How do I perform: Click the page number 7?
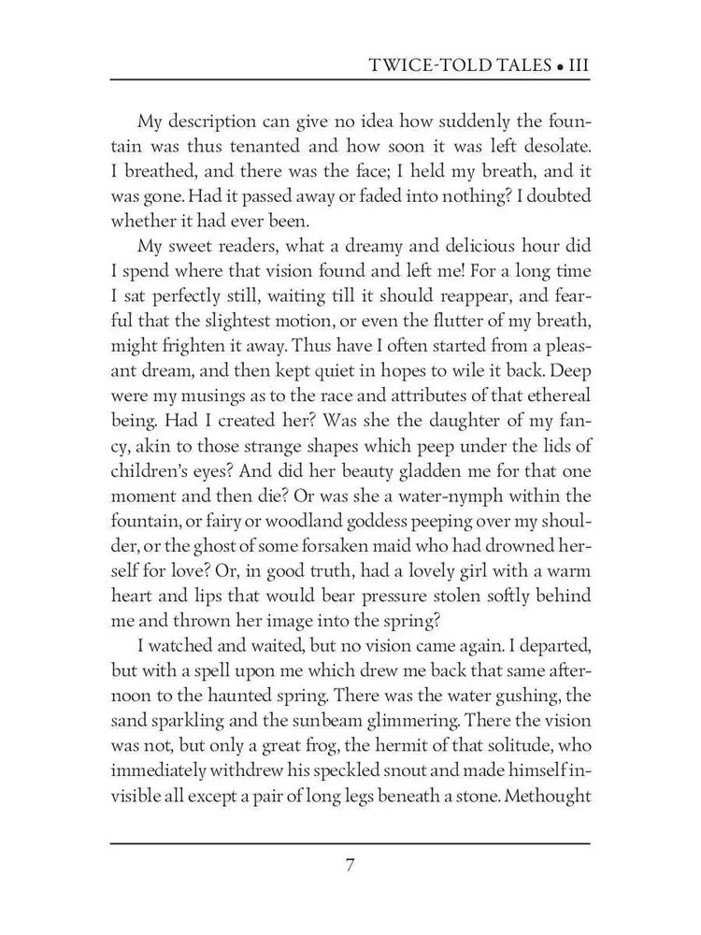(x=350, y=865)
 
